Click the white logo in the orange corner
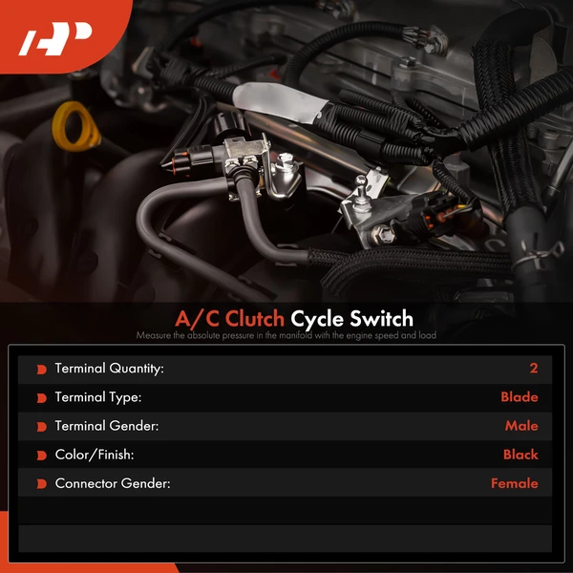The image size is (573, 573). [x=54, y=39]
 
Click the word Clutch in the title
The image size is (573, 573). [x=254, y=319]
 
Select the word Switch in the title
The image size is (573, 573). [x=381, y=319]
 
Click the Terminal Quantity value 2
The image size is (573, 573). [x=534, y=369]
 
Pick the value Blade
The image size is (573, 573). [x=520, y=397]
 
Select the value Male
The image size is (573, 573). [x=521, y=426]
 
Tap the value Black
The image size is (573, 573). [x=520, y=455]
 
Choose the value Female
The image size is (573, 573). [x=515, y=483]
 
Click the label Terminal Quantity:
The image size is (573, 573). [x=109, y=369]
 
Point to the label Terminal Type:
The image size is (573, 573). [x=98, y=397]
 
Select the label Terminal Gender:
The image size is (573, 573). [x=107, y=426]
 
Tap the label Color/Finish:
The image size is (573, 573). [x=95, y=455]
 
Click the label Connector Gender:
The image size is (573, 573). [x=113, y=483]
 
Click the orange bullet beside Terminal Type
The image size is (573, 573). [x=42, y=398]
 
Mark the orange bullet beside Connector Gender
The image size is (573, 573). [x=42, y=484]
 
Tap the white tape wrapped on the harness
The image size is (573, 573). [x=280, y=101]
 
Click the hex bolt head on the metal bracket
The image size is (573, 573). [x=383, y=233]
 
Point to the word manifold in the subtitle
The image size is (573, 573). [x=289, y=335]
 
